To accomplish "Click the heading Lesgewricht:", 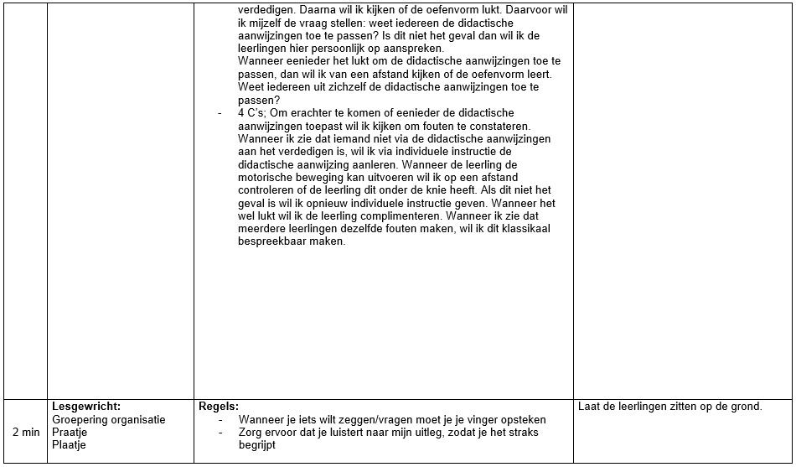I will pyautogui.click(x=86, y=407).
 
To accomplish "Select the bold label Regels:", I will pyautogui.click(x=219, y=407).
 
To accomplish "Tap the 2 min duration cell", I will pyautogui.click(x=26, y=432).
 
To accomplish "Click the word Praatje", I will pyautogui.click(x=70, y=432).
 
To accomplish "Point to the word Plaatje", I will pyautogui.click(x=70, y=444).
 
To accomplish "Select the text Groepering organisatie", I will pyautogui.click(x=109, y=419).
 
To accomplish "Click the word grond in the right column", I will pyautogui.click(x=745, y=407).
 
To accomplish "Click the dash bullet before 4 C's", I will pyautogui.click(x=220, y=112).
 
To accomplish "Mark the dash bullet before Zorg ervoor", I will pyautogui.click(x=220, y=433).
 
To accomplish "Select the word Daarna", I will pyautogui.click(x=323, y=9).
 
